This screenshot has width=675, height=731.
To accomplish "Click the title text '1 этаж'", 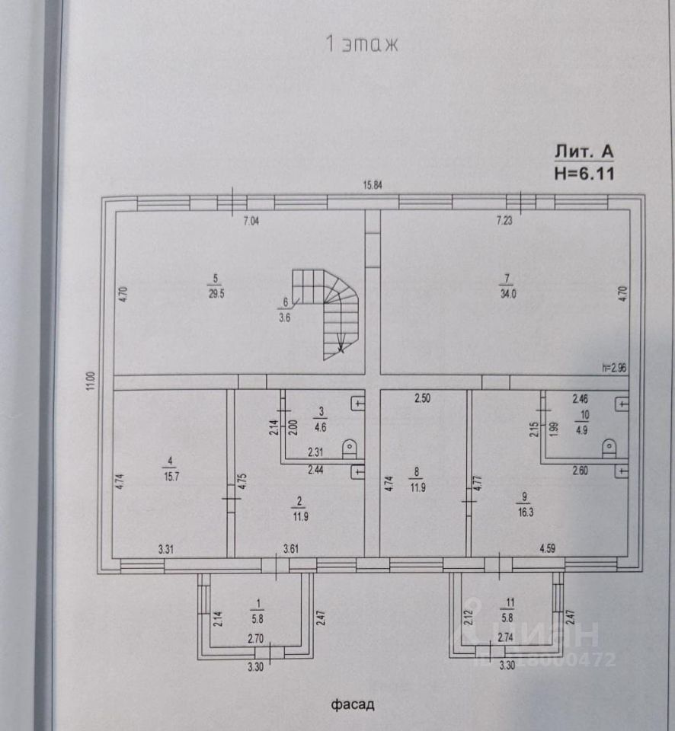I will coord(362,43).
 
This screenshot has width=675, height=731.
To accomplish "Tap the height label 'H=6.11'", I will coord(584,173).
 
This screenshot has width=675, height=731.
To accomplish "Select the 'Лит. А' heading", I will coord(584,152).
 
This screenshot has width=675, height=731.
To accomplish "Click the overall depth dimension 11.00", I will coord(89,381).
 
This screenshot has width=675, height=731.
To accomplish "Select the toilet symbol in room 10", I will coord(609,447).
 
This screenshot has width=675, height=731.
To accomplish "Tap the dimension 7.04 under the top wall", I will coord(252,222).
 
